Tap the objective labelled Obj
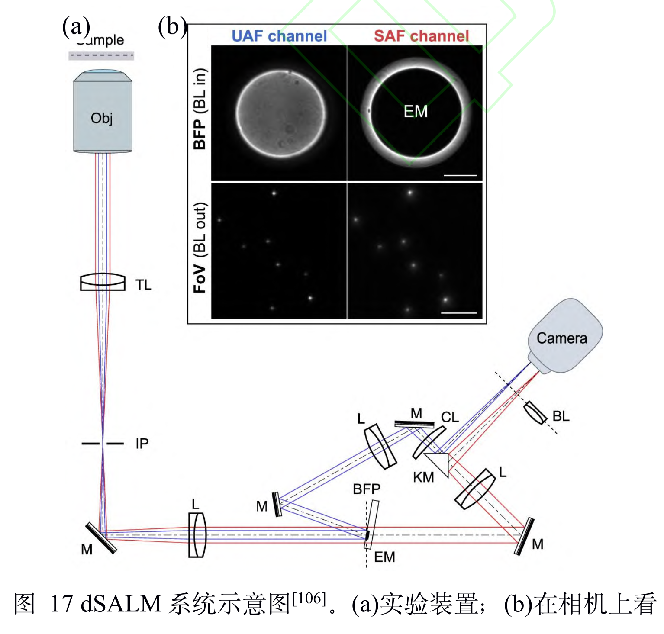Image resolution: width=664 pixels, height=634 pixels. click(x=103, y=117)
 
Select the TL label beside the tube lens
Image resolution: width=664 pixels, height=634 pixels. click(x=144, y=285)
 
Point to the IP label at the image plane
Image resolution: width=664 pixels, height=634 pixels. click(x=142, y=444)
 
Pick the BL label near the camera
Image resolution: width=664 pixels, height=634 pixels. click(x=561, y=416)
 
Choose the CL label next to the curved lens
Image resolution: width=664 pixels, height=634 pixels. click(x=450, y=417)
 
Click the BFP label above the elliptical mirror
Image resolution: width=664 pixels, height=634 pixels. click(x=366, y=489)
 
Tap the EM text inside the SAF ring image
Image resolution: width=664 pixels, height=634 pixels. click(x=416, y=111)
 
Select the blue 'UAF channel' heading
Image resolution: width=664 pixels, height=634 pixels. click(x=279, y=36)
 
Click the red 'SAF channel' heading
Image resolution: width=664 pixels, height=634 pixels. click(x=421, y=36)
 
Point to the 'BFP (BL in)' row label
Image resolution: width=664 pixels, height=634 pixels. click(x=200, y=109)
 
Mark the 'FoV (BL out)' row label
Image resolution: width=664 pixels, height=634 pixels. click(x=200, y=248)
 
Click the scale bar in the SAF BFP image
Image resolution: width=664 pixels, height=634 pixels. click(x=460, y=175)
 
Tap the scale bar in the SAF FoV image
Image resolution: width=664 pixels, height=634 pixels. click(x=459, y=312)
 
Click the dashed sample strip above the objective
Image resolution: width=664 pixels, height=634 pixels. click(x=101, y=55)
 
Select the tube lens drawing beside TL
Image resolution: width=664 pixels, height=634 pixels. click(x=103, y=282)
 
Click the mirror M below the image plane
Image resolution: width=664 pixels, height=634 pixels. click(x=101, y=538)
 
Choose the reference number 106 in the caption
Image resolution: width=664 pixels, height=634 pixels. click(x=309, y=599)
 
